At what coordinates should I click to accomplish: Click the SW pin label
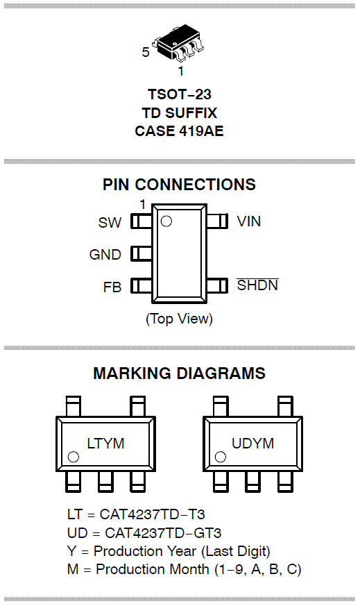[x=110, y=223]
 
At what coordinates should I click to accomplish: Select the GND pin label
[x=105, y=255]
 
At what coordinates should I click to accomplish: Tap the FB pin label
[x=112, y=287]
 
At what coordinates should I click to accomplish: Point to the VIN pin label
[x=249, y=221]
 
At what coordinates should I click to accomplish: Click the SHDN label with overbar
[x=257, y=285]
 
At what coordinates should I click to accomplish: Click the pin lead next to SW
[x=142, y=221]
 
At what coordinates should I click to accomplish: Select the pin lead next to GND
[x=142, y=253]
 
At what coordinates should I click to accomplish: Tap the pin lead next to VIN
[x=217, y=221]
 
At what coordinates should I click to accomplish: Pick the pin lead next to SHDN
[x=217, y=285]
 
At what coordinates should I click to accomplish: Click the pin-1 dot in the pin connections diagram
[x=166, y=221]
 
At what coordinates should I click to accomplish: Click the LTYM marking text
[x=105, y=444]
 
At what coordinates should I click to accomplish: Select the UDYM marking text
[x=252, y=444]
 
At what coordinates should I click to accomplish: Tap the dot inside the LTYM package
[x=73, y=457]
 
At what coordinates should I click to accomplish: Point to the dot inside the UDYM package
[x=220, y=457]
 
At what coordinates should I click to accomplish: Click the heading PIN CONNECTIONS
[x=179, y=185]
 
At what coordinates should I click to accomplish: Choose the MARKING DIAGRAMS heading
[x=179, y=373]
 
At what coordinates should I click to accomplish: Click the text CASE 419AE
[x=179, y=131]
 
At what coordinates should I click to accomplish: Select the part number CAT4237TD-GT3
[x=163, y=533]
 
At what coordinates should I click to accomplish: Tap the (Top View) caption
[x=179, y=319]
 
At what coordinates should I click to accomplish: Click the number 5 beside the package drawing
[x=146, y=52]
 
